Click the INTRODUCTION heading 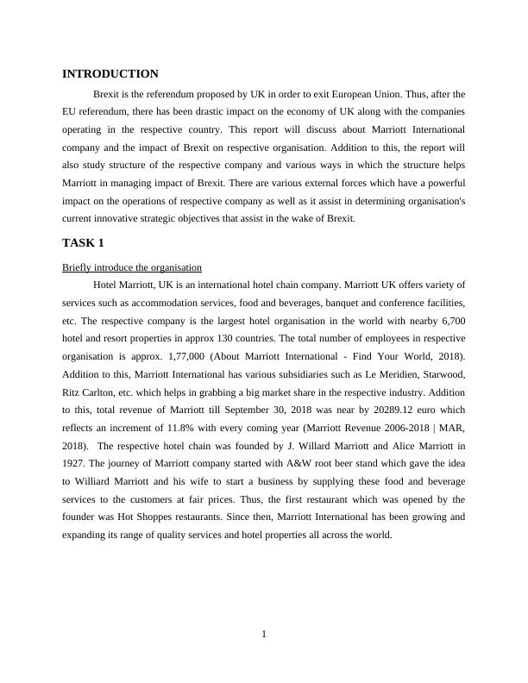click(x=110, y=74)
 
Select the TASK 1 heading click(x=84, y=242)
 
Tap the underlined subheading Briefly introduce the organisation click(x=132, y=267)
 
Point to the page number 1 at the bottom click(x=264, y=635)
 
